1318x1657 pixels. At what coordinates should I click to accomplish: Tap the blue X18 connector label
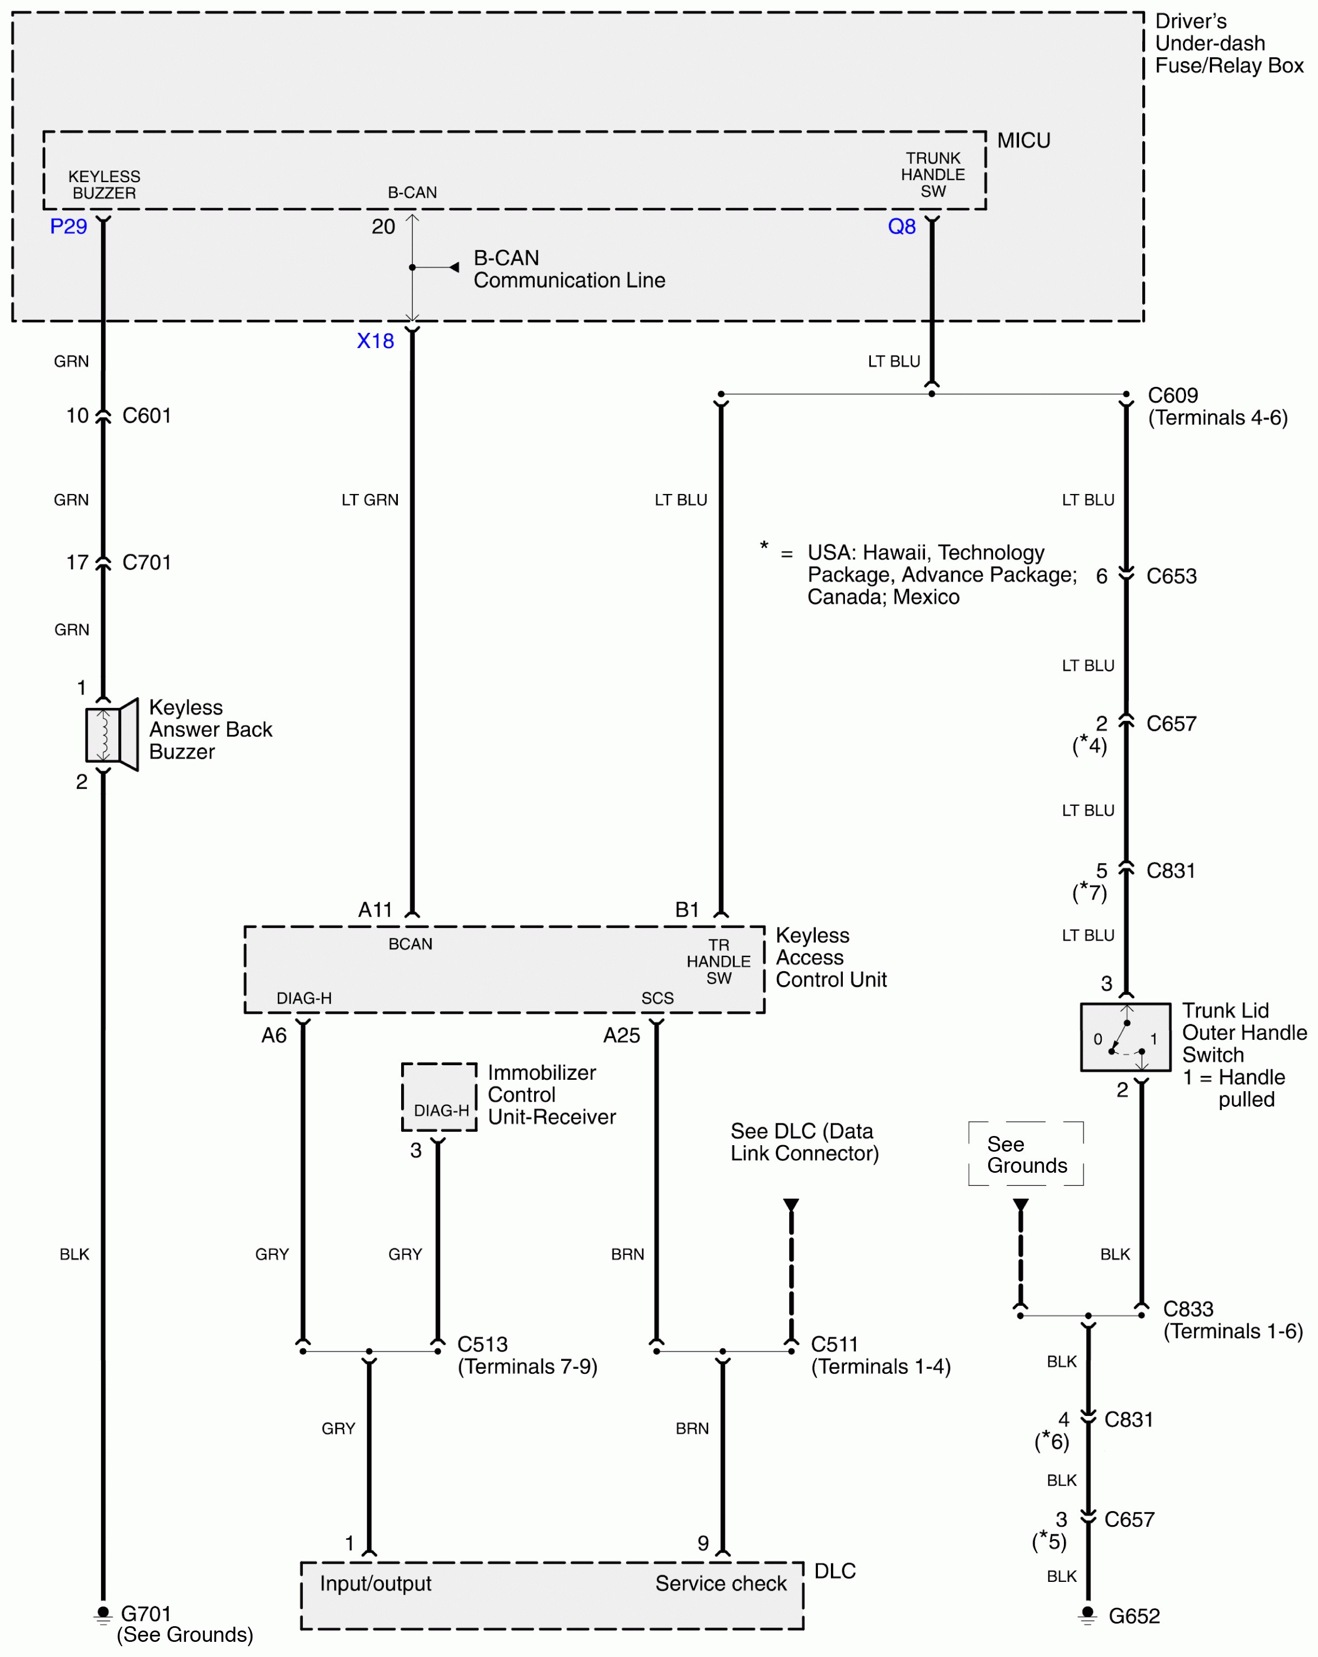(x=375, y=340)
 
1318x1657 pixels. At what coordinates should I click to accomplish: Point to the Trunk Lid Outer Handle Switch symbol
(x=1126, y=1037)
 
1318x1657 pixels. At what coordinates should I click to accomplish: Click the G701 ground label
(x=146, y=1613)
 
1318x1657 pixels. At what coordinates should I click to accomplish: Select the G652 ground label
(x=1134, y=1615)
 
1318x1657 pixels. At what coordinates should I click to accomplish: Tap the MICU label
(x=1023, y=141)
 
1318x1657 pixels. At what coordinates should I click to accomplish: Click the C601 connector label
(x=147, y=416)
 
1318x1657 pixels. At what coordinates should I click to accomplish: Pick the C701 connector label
(x=147, y=563)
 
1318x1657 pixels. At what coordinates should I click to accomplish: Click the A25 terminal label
(x=621, y=1035)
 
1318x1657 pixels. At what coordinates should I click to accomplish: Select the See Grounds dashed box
(x=1026, y=1154)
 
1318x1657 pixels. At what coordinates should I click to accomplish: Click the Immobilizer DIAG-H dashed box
(x=439, y=1097)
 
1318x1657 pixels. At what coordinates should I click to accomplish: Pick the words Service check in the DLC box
(x=721, y=1583)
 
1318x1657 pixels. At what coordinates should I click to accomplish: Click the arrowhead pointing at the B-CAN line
(x=455, y=268)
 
